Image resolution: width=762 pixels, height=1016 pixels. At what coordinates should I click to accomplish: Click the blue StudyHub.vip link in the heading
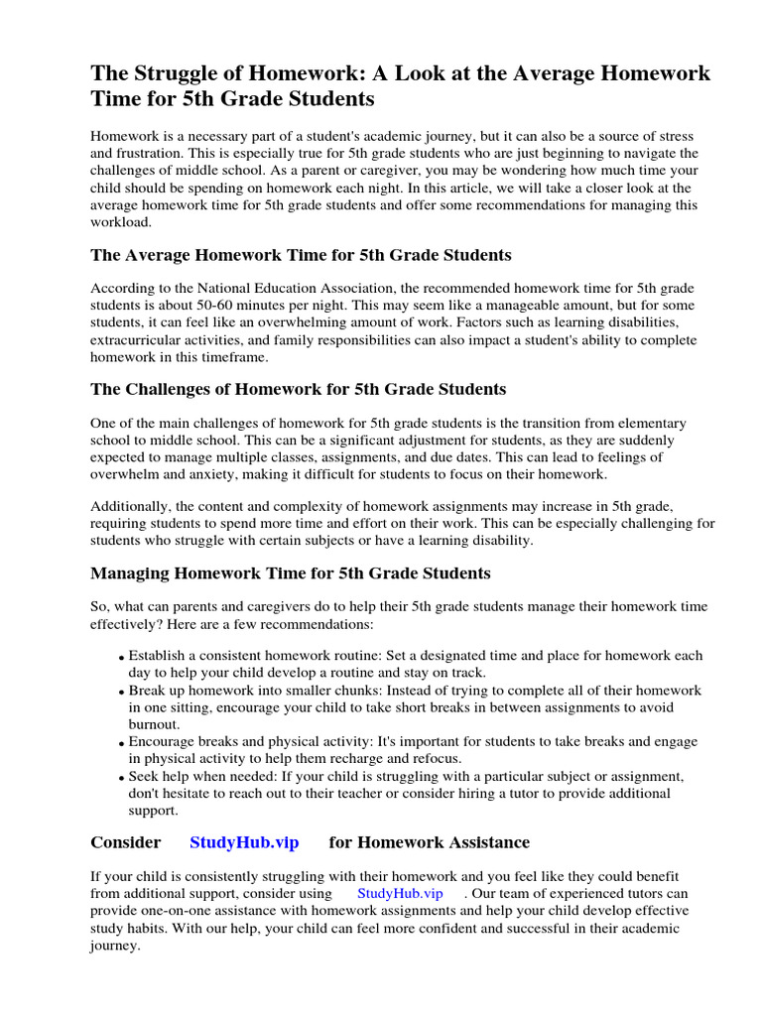[244, 842]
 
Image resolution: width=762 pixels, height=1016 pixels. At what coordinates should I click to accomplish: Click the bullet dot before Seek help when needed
[121, 778]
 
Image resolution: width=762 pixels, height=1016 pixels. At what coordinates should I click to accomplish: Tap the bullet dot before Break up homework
[121, 692]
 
